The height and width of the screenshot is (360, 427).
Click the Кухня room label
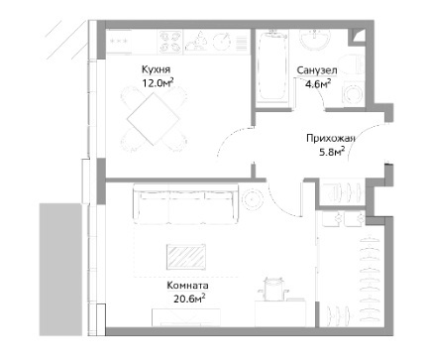pos(156,69)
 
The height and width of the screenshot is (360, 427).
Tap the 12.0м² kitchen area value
pos(158,82)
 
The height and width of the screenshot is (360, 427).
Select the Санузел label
pos(317,70)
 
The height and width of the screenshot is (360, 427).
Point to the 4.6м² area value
pos(318,83)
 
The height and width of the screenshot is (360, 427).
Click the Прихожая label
pos(331,138)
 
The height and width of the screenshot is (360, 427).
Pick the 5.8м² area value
pos(332,152)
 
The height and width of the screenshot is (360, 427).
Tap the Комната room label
pos(187,286)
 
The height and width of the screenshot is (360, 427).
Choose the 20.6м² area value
pos(189,299)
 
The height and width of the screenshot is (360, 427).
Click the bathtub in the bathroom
pos(272,67)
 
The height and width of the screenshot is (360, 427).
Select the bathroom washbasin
pos(315,40)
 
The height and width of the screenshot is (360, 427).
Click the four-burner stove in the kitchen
pos(170,42)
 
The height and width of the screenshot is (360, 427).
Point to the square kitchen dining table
pos(154,119)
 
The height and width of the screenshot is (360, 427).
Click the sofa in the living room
pos(186,204)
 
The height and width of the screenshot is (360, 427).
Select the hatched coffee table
pos(186,257)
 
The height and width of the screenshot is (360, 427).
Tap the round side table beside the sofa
pos(253,199)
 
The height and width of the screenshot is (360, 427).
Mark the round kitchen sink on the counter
pos(221,42)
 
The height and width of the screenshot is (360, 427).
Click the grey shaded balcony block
pos(60,270)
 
